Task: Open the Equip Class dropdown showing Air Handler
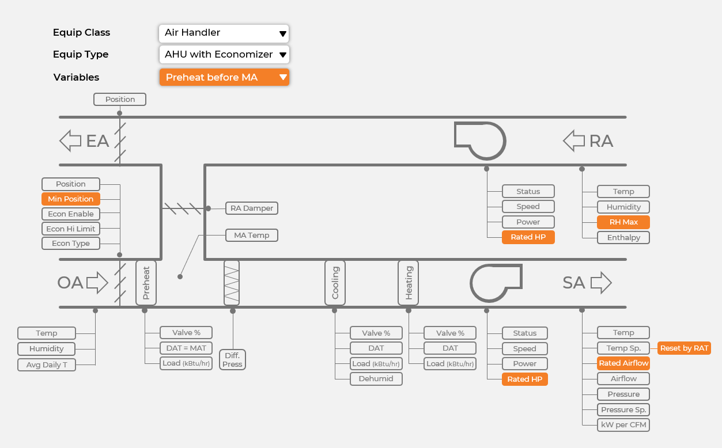[x=224, y=33]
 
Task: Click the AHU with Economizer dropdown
[x=224, y=55]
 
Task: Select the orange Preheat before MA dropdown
[x=224, y=77]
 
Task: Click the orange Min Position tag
[x=71, y=199]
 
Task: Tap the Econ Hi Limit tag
[x=71, y=229]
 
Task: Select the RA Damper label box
[x=252, y=208]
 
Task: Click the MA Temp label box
[x=252, y=236]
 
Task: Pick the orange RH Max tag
[x=623, y=222]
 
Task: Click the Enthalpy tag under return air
[x=623, y=237]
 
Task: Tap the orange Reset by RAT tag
[x=684, y=348]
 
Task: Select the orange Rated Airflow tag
[x=623, y=363]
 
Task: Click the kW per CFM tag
[x=623, y=425]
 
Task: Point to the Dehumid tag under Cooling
[x=376, y=379]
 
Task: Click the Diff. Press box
[x=232, y=360]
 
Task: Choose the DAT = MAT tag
[x=186, y=348]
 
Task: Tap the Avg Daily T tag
[x=47, y=365]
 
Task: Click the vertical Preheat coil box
[x=146, y=282]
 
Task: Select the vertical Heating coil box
[x=409, y=282]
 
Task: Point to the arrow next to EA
[x=70, y=141]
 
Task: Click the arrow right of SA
[x=601, y=283]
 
